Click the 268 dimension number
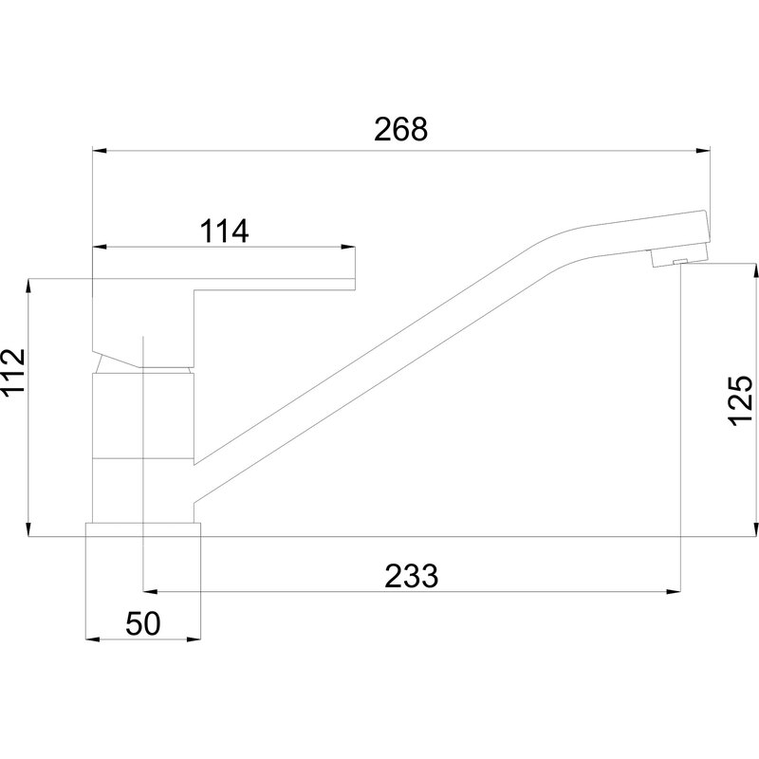click(x=400, y=130)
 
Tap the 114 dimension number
click(x=224, y=231)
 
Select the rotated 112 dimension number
click(x=13, y=373)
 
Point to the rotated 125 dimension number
click(x=741, y=400)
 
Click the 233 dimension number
click(x=412, y=576)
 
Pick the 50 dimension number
click(x=143, y=623)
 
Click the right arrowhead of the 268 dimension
click(x=703, y=151)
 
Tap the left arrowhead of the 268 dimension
click(x=100, y=151)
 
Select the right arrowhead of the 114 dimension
click(x=348, y=248)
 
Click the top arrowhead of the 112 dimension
click(x=29, y=286)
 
